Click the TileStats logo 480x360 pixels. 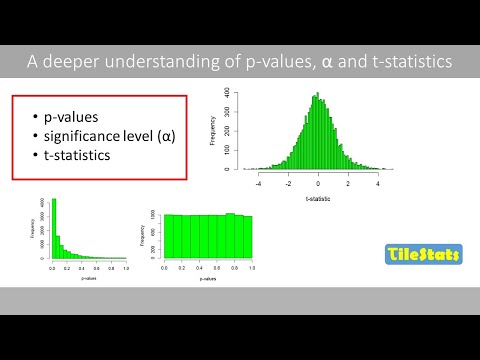click(x=423, y=256)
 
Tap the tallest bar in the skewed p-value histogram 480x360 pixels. click(x=54, y=230)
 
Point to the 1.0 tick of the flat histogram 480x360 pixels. click(x=253, y=269)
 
